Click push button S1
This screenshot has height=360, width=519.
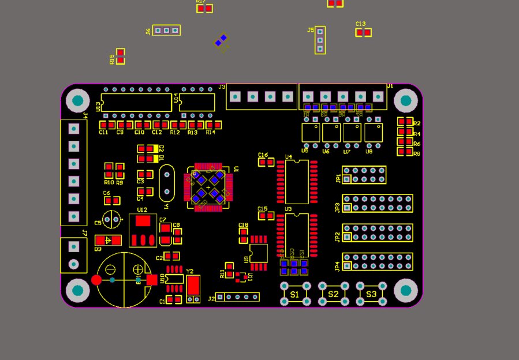294,294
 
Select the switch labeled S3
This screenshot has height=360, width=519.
371,294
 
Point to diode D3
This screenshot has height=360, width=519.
108,240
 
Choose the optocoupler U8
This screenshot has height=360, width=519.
374,132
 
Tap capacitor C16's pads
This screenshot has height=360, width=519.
266,162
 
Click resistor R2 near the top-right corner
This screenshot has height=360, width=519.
405,122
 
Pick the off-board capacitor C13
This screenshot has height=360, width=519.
363,32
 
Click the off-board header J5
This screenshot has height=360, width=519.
320,40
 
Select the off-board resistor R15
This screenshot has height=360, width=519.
120,56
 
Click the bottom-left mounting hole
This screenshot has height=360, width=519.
77,291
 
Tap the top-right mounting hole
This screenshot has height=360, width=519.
406,101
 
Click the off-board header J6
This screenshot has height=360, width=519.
166,30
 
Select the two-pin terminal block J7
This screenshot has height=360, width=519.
73,255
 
